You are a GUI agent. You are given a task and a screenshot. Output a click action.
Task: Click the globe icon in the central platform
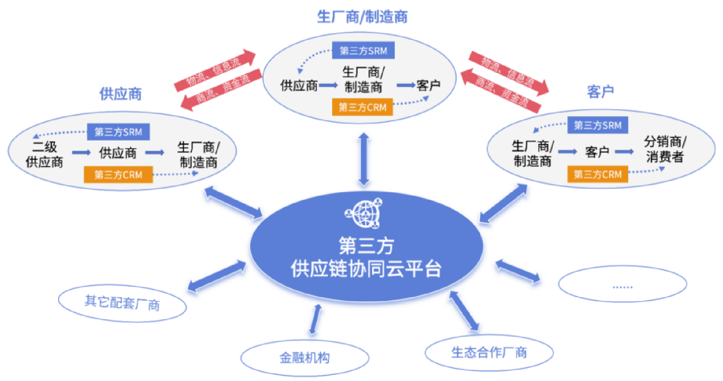coord(364,214)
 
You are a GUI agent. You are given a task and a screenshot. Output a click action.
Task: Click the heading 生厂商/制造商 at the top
coord(362,17)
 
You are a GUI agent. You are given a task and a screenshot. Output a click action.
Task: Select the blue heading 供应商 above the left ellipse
coord(120,94)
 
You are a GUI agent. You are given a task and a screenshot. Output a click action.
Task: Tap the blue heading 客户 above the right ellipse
coord(600,92)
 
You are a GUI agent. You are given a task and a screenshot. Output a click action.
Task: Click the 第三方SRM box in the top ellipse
coord(363,50)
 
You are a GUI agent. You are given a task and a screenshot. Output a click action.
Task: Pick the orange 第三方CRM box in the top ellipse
coord(362,107)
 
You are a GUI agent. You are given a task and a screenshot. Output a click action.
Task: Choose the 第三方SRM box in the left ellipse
coord(118,132)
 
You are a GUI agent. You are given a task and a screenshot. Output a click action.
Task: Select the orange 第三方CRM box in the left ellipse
coord(118,175)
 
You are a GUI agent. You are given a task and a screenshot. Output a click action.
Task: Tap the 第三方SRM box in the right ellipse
coord(597,125)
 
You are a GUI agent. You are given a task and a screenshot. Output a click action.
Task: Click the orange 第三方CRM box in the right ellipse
coord(597,174)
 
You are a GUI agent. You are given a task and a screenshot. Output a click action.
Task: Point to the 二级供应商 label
coord(44,154)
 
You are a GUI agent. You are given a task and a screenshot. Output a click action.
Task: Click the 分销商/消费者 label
coord(665,149)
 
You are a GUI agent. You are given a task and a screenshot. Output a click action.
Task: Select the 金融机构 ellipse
coord(305,358)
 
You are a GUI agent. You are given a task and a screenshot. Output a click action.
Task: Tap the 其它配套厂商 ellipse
coord(122,303)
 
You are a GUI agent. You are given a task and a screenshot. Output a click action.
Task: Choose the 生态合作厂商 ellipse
coord(489,353)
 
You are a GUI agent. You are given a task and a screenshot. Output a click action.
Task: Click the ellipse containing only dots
coord(622,284)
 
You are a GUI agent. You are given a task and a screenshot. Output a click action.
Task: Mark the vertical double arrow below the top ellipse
coord(364,159)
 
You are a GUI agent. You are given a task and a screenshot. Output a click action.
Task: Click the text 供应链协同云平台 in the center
coord(366,269)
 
